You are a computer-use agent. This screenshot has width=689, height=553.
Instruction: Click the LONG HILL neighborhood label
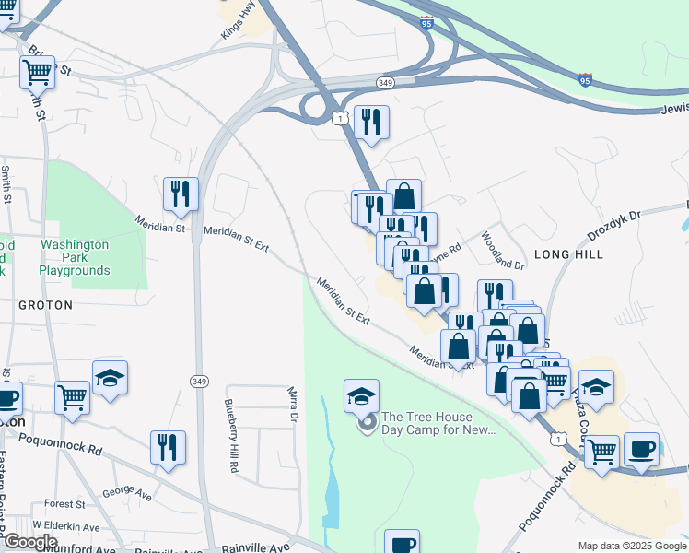(568, 253)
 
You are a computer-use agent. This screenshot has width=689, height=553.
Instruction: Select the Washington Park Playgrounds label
(75, 257)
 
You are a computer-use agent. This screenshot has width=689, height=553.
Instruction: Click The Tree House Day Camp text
(438, 423)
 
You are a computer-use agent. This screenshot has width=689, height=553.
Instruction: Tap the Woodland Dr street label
(502, 249)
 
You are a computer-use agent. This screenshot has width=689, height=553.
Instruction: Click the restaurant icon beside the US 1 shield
(371, 121)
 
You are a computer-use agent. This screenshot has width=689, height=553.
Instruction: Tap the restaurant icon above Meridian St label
(180, 194)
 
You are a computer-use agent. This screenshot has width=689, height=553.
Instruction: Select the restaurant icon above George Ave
(168, 447)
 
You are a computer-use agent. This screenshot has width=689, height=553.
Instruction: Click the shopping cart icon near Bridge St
(37, 71)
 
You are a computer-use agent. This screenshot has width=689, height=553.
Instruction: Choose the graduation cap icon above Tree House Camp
(362, 395)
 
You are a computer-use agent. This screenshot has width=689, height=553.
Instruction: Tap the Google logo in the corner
(29, 542)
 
